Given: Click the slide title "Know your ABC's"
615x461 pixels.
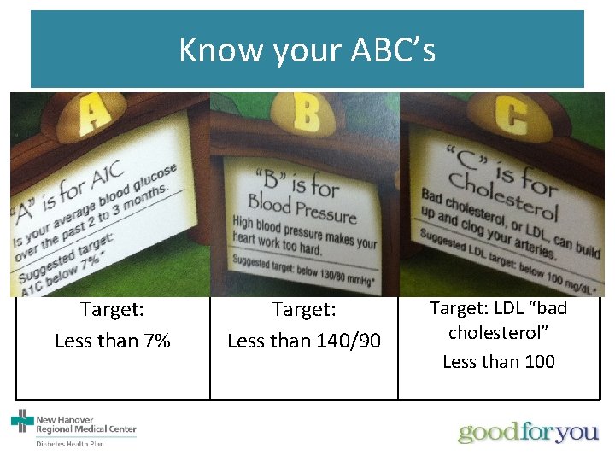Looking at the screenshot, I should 307,50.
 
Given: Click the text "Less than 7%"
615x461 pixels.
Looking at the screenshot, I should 113,341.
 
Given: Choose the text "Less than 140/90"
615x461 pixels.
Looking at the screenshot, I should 304,341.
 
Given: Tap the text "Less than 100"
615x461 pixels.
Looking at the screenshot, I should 498,361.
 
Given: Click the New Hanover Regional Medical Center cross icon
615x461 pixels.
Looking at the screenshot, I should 21,421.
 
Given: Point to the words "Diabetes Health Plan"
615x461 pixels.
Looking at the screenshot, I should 69,444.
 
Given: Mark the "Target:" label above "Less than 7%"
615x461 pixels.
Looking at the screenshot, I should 112,308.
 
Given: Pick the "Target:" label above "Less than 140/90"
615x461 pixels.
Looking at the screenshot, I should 304,308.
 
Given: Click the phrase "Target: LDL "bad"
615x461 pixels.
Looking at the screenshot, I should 498,307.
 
